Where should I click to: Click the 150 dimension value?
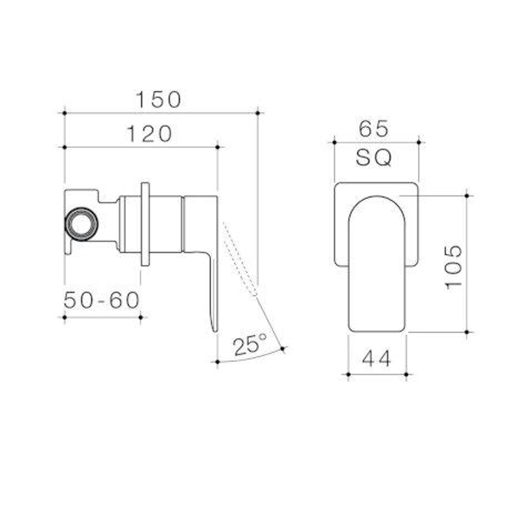pos(159,100)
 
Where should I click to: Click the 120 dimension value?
pos(149,135)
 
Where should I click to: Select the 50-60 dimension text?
pos(102,300)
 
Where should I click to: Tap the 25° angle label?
pos(250,345)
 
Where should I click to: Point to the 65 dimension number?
pos(374,129)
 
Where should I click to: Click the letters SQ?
pos(374,159)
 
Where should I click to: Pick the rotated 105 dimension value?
pos(454,266)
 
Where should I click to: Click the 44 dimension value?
pos(377,359)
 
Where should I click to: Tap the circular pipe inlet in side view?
pos(81,224)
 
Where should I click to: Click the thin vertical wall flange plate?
pos(145,224)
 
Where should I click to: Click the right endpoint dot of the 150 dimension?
pos(257,113)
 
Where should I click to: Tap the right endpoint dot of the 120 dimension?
pos(218,147)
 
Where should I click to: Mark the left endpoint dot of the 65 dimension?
pos(334,142)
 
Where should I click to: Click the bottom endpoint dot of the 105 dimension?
pos(467,332)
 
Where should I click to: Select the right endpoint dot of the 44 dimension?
pos(406,374)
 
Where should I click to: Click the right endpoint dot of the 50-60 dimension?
pos(141,317)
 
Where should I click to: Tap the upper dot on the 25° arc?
pos(282,349)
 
